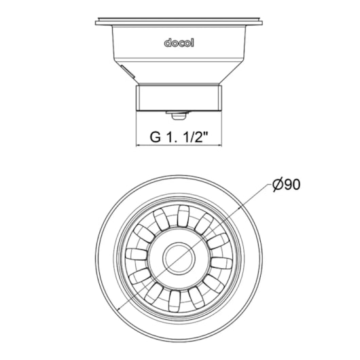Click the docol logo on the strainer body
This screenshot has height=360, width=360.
[x=179, y=43]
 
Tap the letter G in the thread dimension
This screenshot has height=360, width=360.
[x=155, y=137]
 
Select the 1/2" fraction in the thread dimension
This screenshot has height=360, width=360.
[x=196, y=137]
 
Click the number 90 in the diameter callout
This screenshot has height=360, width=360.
[x=292, y=184]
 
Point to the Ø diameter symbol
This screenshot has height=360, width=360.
[x=278, y=184]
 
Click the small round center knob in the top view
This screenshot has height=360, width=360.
[x=179, y=257]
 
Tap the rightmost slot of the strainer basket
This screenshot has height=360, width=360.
[x=221, y=263]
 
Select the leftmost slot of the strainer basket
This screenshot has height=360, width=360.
[x=137, y=255]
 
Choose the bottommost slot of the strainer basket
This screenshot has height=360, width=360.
[x=175, y=301]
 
